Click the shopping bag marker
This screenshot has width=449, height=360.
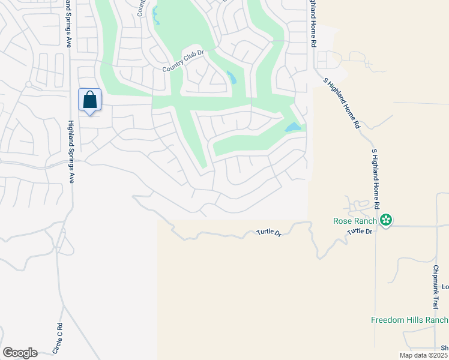point(89,100)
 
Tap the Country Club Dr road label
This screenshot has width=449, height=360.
point(184,68)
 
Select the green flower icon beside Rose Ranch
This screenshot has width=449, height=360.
point(387,221)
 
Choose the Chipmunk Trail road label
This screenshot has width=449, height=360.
point(436,286)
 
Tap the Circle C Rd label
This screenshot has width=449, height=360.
point(59,338)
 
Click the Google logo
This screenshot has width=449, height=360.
point(20,353)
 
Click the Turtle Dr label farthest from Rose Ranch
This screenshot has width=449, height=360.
point(269,232)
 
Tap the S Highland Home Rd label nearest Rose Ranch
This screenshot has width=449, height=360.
point(376,179)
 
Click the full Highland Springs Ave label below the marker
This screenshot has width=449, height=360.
point(70,150)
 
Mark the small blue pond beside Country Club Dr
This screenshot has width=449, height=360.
point(232,77)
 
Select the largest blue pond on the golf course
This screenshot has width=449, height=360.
point(292,127)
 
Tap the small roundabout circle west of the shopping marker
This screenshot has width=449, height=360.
point(28,85)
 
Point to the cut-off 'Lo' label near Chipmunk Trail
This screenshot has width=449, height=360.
point(445,287)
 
